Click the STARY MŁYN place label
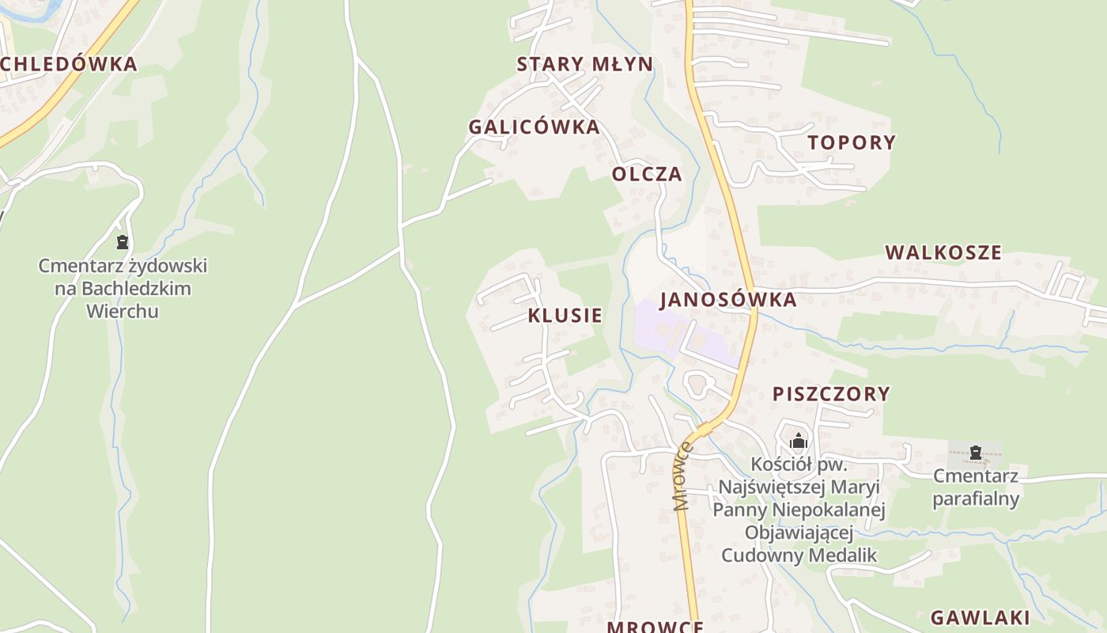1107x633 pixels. coord(585,64)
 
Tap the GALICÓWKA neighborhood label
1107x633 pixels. coord(534,127)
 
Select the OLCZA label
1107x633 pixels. coord(647,174)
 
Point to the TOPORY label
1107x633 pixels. coord(852,142)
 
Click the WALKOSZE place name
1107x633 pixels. coord(943,252)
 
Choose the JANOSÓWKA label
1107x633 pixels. coord(727,299)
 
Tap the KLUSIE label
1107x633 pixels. coord(565,315)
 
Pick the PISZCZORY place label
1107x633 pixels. coord(831,393)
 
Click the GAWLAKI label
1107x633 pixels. coord(980,617)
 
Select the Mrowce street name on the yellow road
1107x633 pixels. coord(683,476)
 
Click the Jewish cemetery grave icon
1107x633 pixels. coord(123,242)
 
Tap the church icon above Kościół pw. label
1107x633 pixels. coord(799,441)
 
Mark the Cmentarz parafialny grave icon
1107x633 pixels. coord(976,453)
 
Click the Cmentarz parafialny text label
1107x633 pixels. coord(976,487)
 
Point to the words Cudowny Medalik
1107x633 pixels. coord(799,555)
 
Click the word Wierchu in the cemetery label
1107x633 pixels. coord(123,311)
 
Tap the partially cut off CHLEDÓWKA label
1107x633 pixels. coord(69,64)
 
